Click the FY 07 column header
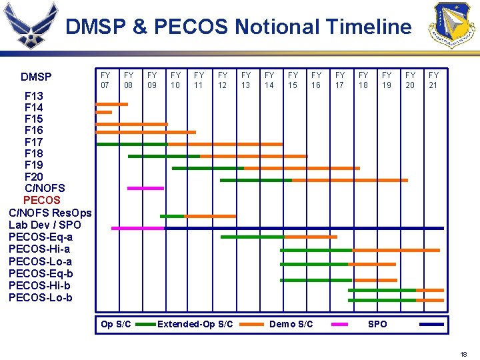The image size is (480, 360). (x=105, y=80)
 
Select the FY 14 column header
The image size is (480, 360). (x=269, y=80)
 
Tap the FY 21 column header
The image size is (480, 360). (x=433, y=80)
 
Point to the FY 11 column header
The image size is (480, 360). (x=199, y=80)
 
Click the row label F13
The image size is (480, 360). (x=33, y=96)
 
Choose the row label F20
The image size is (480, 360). (x=33, y=177)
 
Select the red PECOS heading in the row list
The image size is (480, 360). (x=41, y=200)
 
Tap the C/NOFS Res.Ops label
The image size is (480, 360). (x=50, y=213)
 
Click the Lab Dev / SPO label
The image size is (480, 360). (x=45, y=225)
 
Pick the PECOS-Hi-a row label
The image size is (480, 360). (x=40, y=249)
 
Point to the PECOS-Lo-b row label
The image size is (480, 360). (x=40, y=297)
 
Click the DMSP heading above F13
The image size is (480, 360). (x=36, y=77)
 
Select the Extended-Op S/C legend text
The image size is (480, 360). (x=195, y=324)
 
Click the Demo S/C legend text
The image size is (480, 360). (x=291, y=324)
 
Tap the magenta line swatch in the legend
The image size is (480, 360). (x=340, y=324)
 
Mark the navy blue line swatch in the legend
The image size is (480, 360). (x=432, y=324)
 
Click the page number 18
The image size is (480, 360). (x=463, y=355)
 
